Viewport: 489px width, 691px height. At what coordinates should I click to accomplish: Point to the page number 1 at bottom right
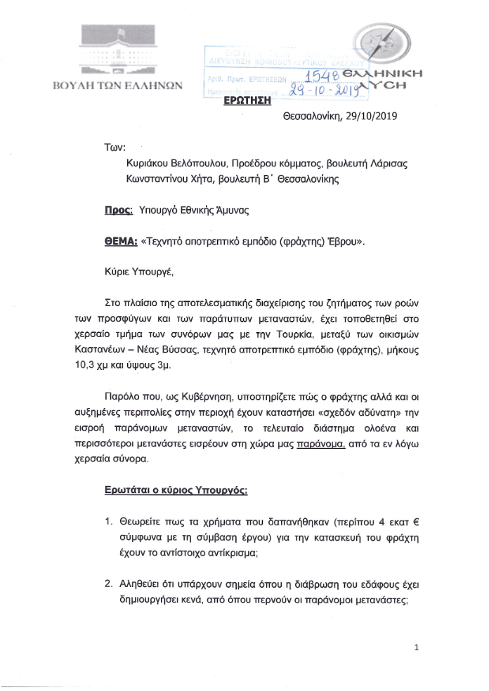click(417, 647)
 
